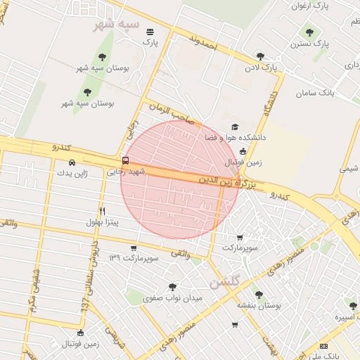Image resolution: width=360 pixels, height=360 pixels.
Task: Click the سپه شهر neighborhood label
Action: [119, 25]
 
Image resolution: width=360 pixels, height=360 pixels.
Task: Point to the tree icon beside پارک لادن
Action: [260, 56]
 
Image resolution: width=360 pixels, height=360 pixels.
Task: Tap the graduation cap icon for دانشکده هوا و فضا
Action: [234, 127]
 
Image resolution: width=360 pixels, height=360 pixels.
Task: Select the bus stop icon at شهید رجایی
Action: [125, 160]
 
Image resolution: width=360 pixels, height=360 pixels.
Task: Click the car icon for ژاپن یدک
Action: [72, 163]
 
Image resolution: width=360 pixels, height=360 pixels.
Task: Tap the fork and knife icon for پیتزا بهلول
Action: [102, 211]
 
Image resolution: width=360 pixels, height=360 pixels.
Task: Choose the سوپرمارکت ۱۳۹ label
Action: [134, 259]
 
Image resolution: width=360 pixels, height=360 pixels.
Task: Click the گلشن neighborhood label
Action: [225, 281]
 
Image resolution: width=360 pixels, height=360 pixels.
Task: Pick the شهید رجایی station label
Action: [125, 172]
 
